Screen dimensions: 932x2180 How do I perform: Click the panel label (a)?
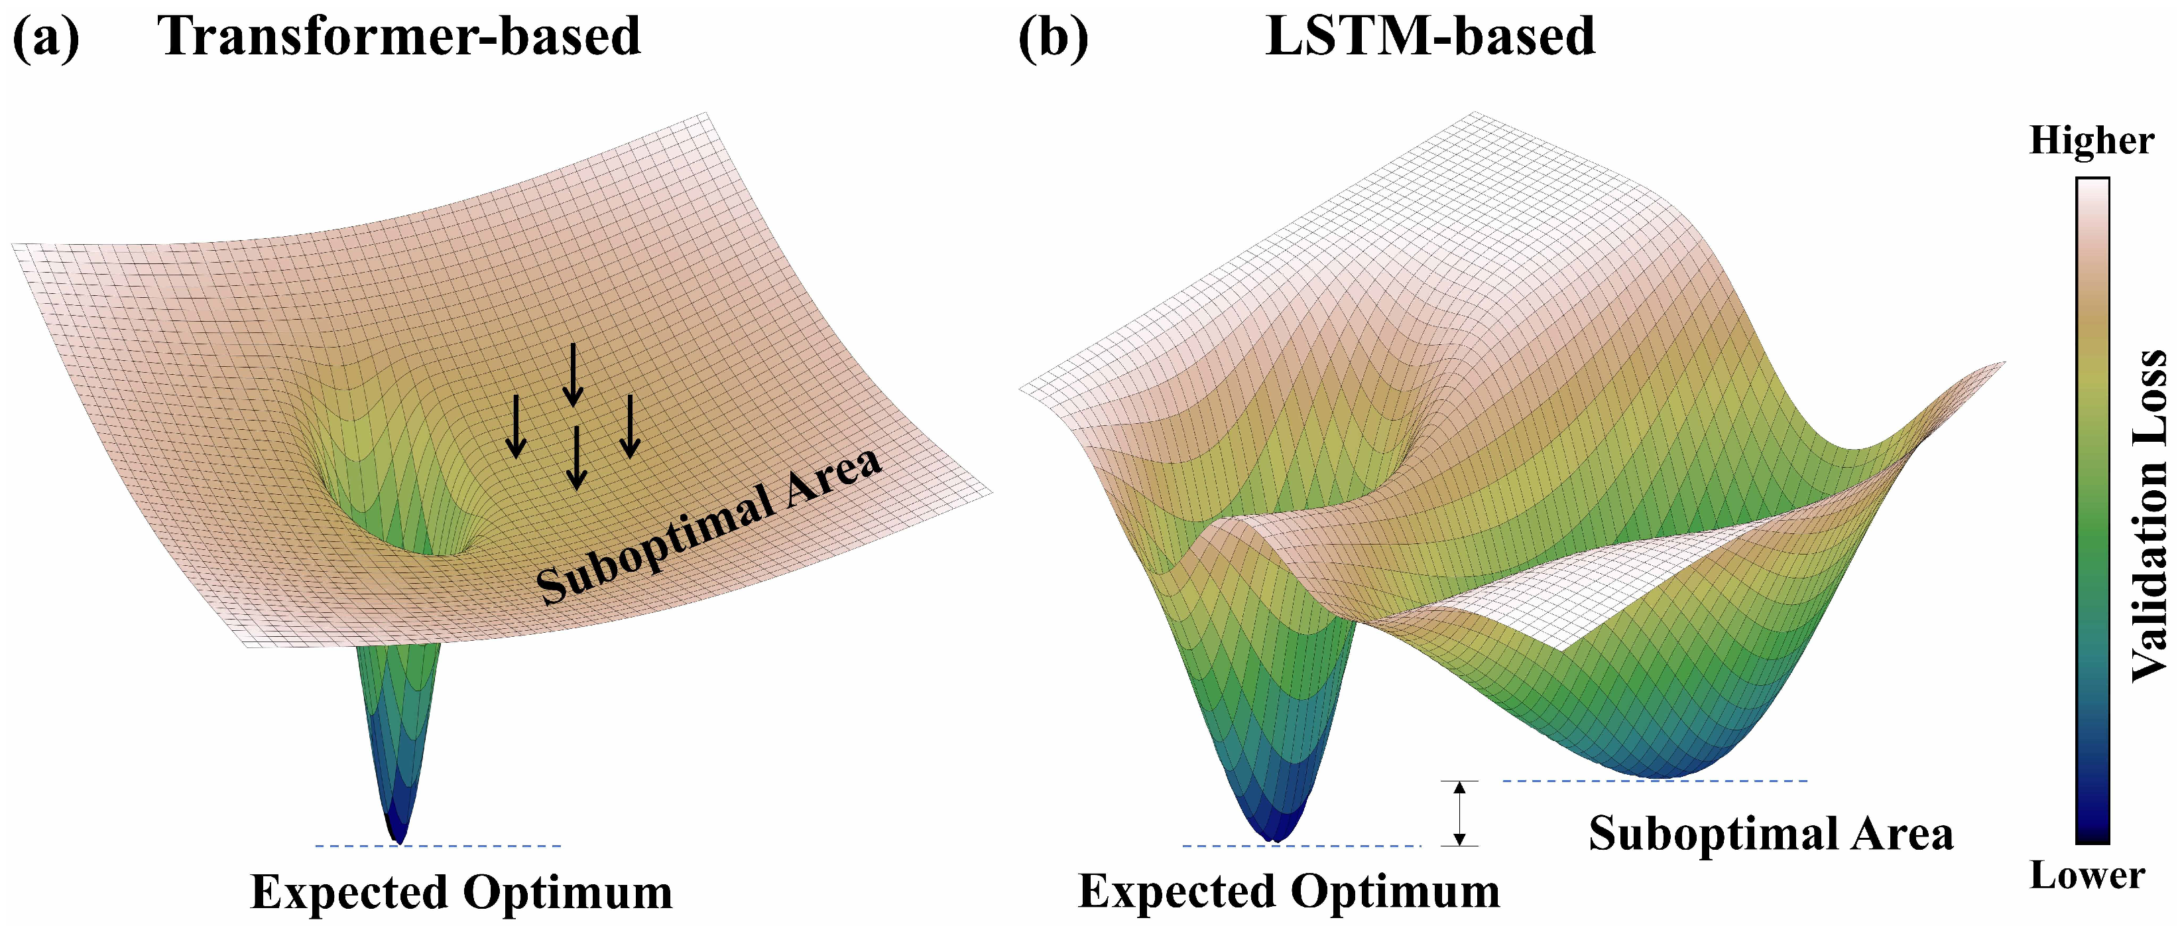click(x=46, y=38)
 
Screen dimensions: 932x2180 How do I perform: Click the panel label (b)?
click(x=1053, y=38)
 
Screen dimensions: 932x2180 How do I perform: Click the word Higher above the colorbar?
click(x=2091, y=141)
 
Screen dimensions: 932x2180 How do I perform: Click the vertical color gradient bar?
click(x=2092, y=508)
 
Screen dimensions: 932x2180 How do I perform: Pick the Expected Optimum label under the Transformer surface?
click(x=461, y=892)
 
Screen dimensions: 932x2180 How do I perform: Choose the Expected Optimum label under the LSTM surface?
click(x=1289, y=892)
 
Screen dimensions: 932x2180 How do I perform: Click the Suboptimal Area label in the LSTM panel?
click(x=1770, y=834)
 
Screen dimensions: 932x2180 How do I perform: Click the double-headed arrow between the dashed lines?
click(x=1459, y=813)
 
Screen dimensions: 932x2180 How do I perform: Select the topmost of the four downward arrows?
click(x=573, y=373)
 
